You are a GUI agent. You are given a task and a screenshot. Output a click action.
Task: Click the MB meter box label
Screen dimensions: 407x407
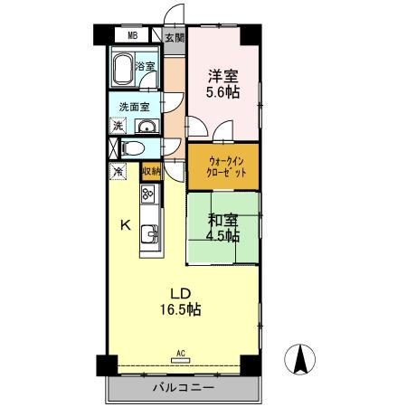tap(132, 36)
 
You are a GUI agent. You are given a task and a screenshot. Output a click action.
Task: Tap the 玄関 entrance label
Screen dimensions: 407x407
tap(175, 37)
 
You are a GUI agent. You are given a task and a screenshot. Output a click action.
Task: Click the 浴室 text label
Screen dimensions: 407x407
tap(146, 66)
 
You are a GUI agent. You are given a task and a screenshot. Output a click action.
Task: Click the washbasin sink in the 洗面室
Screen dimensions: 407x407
tap(147, 127)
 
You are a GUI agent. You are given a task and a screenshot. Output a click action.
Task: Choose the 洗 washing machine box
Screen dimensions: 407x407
tap(118, 126)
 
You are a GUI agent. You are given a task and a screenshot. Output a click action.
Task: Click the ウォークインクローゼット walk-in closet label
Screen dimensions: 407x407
tap(222, 167)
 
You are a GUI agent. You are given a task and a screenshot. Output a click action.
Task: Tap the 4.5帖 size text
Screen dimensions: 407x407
tap(221, 237)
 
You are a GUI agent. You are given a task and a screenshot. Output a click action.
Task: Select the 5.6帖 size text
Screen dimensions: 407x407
tap(221, 93)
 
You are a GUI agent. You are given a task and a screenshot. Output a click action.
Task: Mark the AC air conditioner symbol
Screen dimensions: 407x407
tap(180, 356)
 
